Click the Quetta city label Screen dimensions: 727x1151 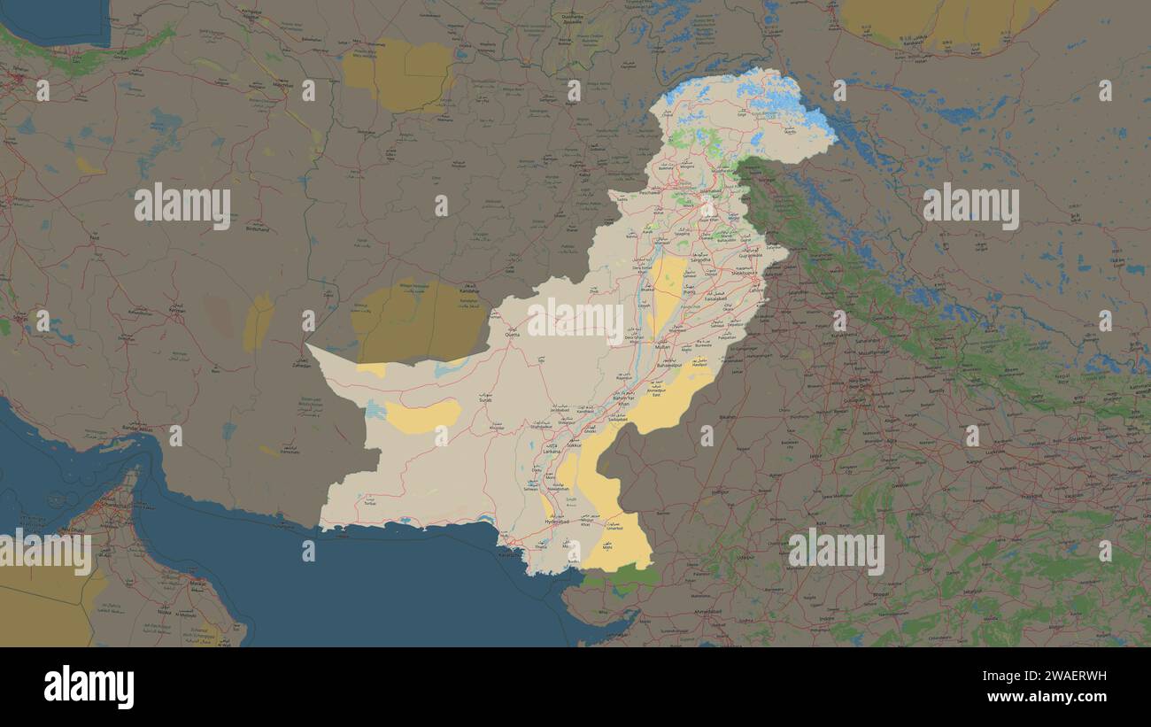pyautogui.click(x=512, y=336)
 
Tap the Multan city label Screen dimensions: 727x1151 pyautogui.click(x=662, y=347)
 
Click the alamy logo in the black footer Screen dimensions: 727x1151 pyautogui.click(x=89, y=687)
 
